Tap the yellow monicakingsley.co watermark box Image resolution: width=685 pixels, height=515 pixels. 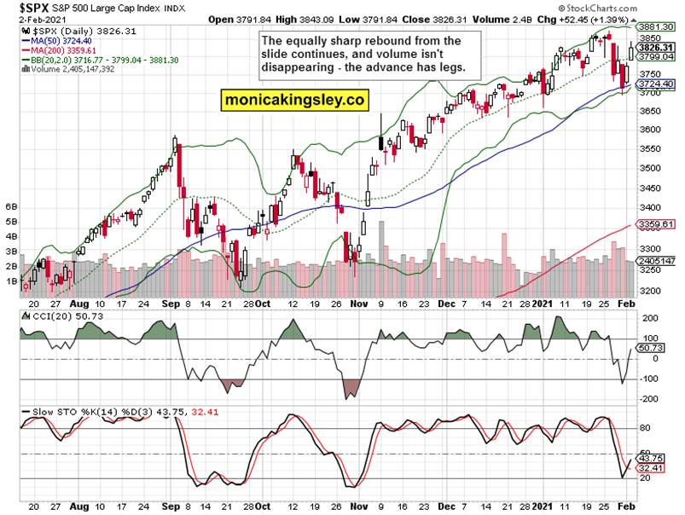(294, 100)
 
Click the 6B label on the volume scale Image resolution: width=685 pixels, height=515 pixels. (12, 206)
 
